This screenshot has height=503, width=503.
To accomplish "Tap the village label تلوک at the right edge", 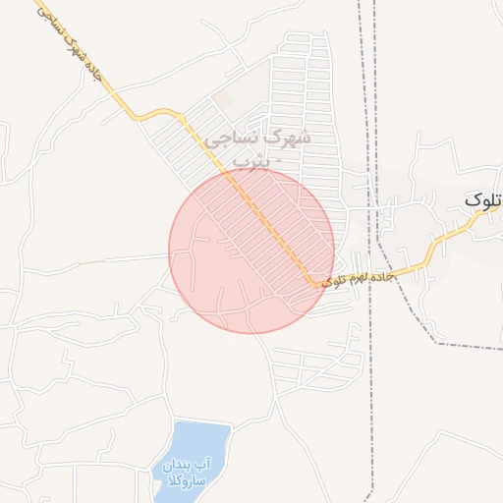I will pyautogui.click(x=483, y=200).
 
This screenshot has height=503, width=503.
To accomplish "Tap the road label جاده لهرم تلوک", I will pyautogui.click(x=360, y=279).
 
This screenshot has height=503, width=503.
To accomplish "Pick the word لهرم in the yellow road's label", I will pyautogui.click(x=359, y=279).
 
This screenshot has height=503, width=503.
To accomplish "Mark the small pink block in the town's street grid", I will pyautogui.click(x=225, y=100).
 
